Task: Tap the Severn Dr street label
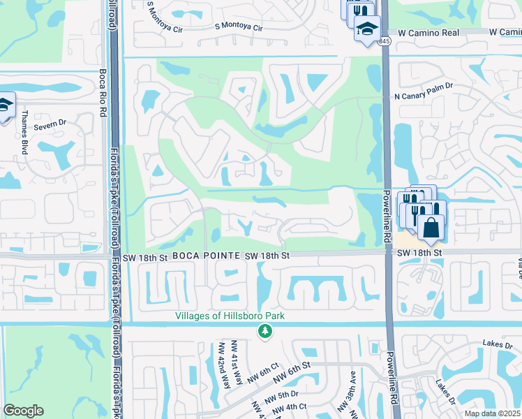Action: click(52, 122)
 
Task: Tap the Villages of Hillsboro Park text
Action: click(230, 316)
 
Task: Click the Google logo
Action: click(24, 411)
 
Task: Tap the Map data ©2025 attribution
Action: click(493, 413)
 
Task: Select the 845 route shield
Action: click(385, 41)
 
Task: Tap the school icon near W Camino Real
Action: click(366, 29)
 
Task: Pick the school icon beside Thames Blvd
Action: click(4, 105)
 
